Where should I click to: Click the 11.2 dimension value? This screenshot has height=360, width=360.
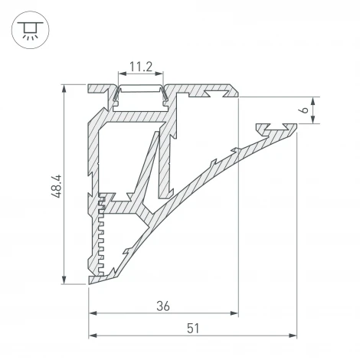[x=140, y=67]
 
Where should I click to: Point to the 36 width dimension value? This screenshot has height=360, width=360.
[x=162, y=305]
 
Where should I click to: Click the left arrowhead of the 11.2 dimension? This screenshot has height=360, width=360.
[x=120, y=75]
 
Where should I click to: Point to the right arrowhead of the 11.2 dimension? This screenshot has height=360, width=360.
[x=161, y=75]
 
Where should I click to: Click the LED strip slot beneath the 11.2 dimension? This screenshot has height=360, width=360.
[x=141, y=97]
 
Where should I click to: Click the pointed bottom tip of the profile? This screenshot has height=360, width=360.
[x=90, y=283]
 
